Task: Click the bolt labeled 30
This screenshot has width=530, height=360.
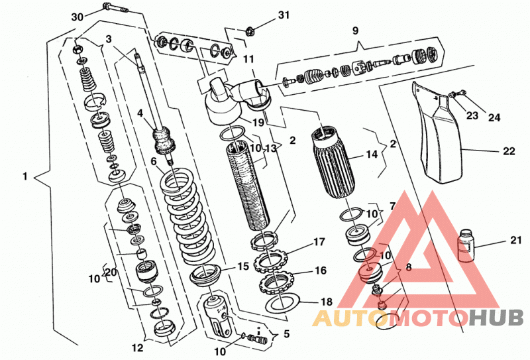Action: (115, 8)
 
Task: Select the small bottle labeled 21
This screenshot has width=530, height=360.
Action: (466, 245)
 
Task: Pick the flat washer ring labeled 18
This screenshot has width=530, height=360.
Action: (282, 304)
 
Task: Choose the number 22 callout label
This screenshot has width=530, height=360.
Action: (509, 151)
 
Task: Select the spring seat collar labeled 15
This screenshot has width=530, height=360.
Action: (205, 275)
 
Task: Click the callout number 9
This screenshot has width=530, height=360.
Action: (355, 30)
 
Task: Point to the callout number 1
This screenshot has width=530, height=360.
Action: (25, 176)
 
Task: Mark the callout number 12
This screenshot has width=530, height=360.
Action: (138, 347)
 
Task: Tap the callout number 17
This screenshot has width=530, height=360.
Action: (319, 241)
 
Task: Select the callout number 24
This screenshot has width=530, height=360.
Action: (494, 117)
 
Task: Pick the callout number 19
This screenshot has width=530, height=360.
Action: (258, 122)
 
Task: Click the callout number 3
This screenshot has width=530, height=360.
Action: (108, 39)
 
